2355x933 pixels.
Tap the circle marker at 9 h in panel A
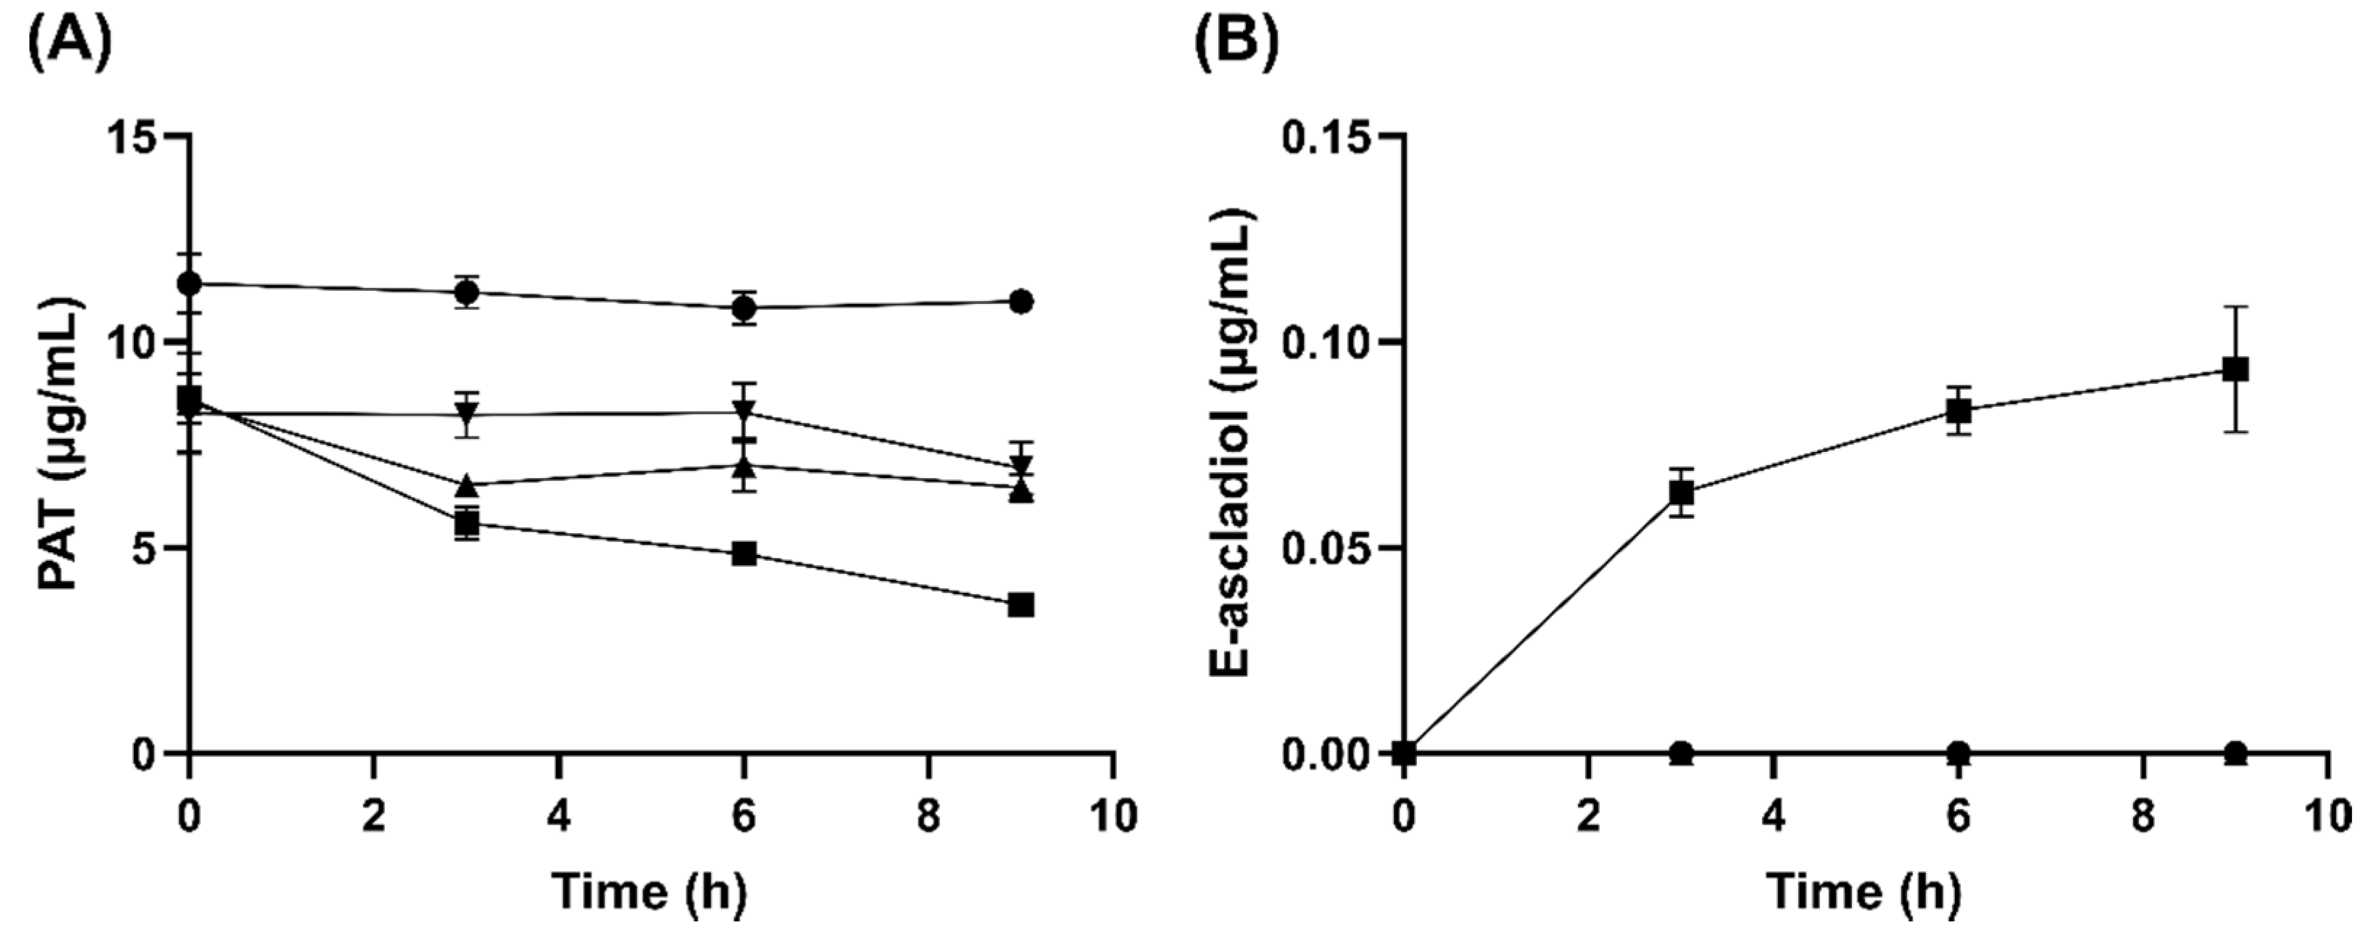(1021, 301)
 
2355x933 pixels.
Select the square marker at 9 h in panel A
(1021, 604)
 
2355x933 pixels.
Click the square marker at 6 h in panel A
(744, 554)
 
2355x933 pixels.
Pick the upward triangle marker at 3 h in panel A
(468, 484)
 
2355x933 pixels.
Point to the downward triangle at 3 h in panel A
(468, 414)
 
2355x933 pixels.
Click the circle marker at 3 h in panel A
(468, 292)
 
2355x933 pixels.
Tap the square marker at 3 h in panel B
(1681, 493)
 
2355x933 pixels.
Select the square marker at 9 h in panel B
(2235, 369)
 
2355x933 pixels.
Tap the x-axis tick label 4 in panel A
(559, 816)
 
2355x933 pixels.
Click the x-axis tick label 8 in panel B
(2143, 816)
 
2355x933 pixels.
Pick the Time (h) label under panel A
(650, 890)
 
